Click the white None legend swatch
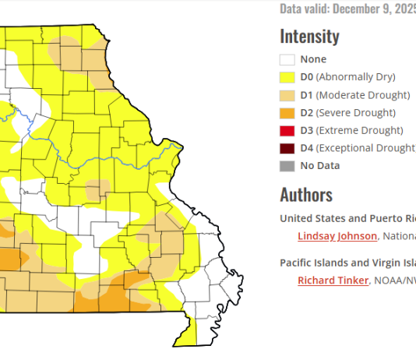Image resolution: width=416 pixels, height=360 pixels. pos(287,59)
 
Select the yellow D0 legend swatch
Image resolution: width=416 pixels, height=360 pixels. pos(287,77)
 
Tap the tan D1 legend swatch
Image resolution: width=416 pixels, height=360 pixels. pos(287,95)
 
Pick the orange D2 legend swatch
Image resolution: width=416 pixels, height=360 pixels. pos(287,113)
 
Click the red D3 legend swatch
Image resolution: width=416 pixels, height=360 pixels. pos(287,130)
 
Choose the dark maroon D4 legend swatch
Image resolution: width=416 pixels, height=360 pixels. pos(287,148)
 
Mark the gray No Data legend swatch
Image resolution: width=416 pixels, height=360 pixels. pos(287,165)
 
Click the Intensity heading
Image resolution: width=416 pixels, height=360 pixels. pos(309,36)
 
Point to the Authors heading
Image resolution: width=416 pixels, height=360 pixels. pos(306,195)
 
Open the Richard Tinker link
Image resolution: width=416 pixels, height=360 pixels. pos(333,281)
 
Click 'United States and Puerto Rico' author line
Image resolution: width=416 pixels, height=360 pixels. pos(347,218)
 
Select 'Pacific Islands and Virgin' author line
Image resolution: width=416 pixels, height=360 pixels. pos(347,263)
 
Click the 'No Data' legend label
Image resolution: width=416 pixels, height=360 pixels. pos(320,165)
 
